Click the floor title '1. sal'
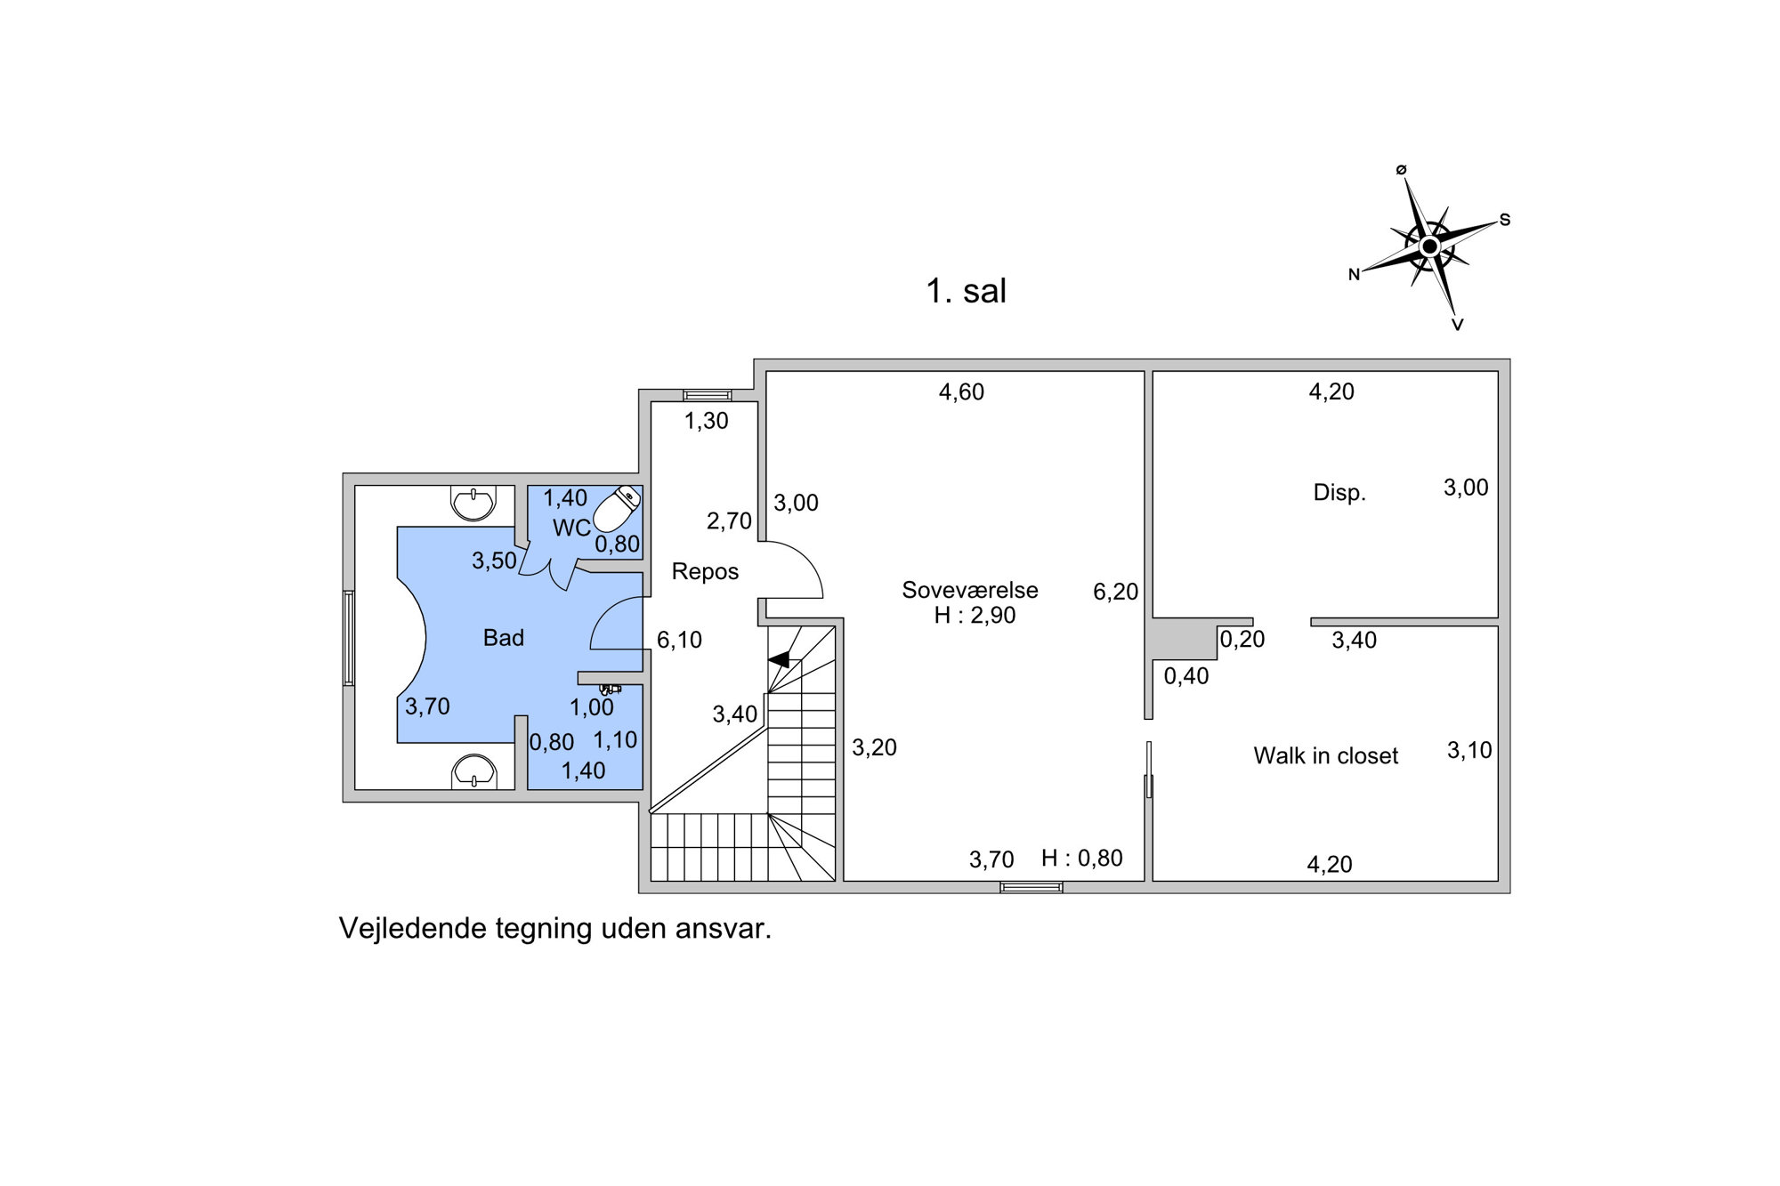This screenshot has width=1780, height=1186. [966, 291]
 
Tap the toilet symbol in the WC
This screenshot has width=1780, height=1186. [617, 509]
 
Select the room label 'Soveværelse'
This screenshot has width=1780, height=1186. [970, 590]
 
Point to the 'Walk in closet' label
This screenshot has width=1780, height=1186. [1325, 755]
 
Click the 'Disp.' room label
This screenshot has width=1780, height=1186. [1339, 492]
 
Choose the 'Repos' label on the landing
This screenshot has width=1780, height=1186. [705, 571]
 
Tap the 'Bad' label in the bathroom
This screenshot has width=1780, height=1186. [504, 637]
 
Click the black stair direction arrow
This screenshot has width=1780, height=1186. [779, 659]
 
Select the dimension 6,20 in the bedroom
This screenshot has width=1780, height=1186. [1116, 592]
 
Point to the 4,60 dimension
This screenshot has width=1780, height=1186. [961, 392]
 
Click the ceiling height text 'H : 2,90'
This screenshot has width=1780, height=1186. [975, 616]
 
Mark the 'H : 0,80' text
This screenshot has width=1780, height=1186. [1082, 858]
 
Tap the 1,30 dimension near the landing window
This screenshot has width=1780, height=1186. [706, 421]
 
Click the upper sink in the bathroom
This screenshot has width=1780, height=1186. [473, 503]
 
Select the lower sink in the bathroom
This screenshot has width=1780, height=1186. [473, 771]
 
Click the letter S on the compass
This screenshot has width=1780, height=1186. [1505, 220]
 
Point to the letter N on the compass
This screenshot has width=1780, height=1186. [1354, 275]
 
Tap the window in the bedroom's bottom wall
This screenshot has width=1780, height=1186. [1031, 887]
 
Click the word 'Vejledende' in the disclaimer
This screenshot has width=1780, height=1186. [412, 929]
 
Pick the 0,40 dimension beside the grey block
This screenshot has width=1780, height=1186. [1186, 676]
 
